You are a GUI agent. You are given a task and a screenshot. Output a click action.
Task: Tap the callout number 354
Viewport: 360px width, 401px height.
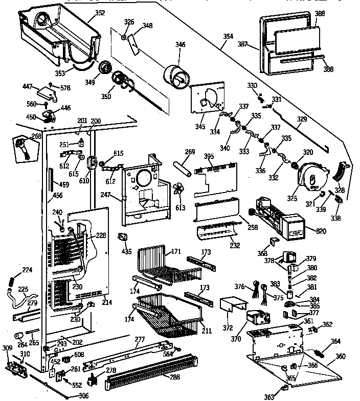[228, 37]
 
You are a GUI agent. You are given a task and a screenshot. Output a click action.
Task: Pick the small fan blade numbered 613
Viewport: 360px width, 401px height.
[181, 188]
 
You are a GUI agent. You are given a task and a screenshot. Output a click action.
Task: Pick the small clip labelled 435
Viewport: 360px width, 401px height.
[123, 237]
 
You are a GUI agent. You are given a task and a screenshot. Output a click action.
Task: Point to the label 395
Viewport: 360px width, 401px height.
[209, 156]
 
